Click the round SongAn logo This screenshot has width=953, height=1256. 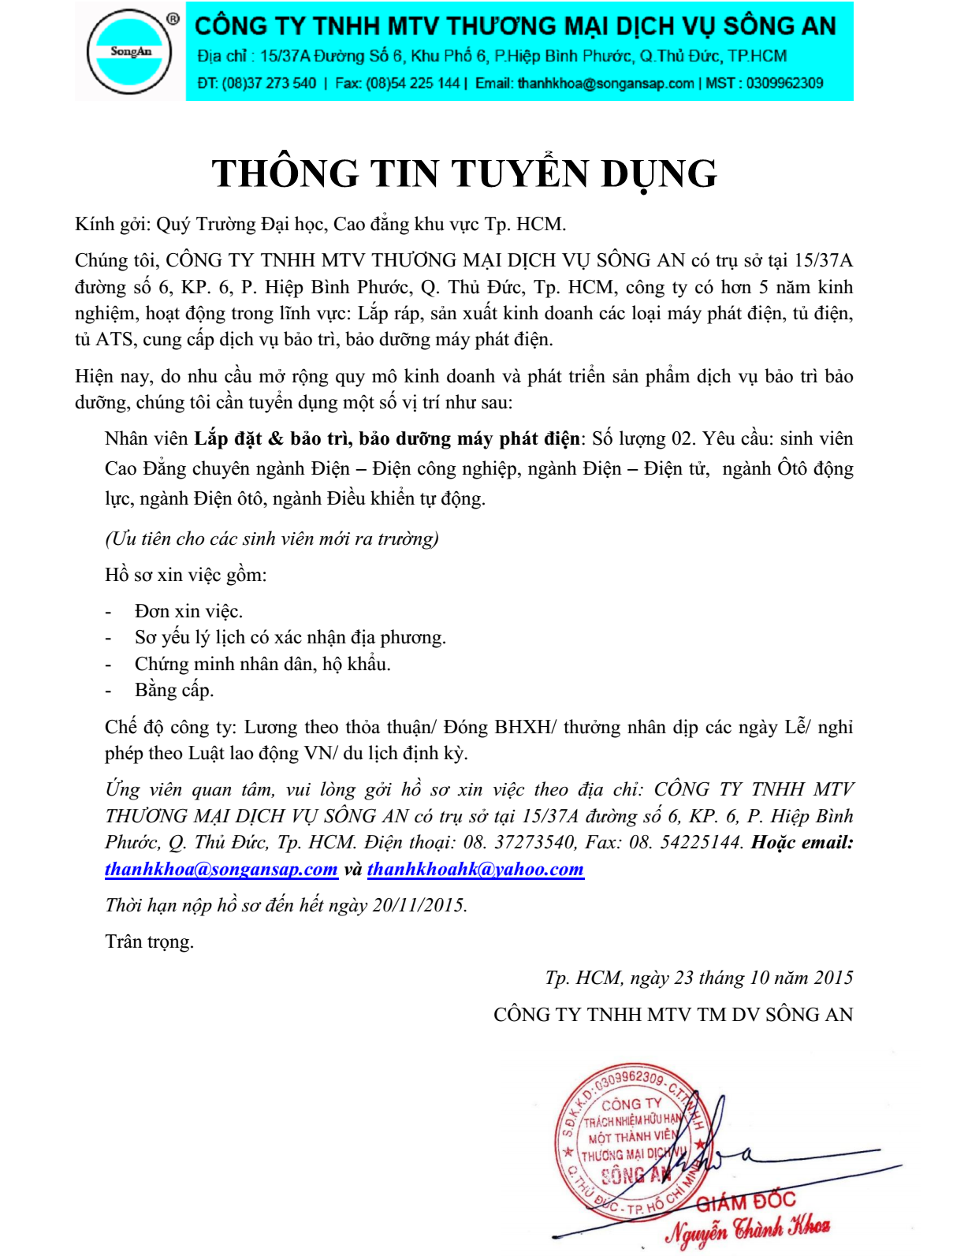click(130, 52)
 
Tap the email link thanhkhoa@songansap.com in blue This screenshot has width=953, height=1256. click(221, 870)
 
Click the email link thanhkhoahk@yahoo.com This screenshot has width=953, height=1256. click(475, 870)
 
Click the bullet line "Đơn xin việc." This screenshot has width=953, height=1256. click(188, 611)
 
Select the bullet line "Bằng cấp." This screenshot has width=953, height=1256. click(174, 691)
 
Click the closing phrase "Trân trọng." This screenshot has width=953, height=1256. click(149, 941)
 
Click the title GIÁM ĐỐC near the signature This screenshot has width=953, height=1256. click(746, 1201)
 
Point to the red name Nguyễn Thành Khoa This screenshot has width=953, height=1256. click(747, 1229)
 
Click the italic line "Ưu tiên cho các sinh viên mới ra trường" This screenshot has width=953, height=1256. click(272, 539)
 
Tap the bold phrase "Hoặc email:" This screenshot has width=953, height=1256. click(802, 842)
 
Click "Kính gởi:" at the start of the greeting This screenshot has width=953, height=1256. click(112, 225)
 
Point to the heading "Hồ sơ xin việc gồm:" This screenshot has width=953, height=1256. click(186, 575)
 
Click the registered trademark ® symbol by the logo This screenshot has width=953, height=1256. click(173, 18)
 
